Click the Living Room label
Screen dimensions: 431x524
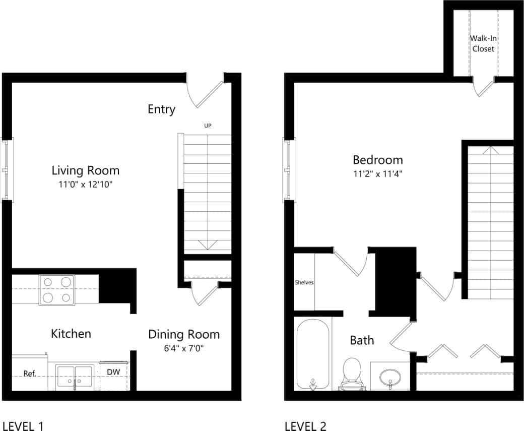click(86, 170)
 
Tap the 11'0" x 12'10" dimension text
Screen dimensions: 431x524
click(86, 184)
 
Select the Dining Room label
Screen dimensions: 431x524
click(184, 334)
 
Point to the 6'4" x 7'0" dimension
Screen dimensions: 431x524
click(183, 348)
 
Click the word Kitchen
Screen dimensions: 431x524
click(71, 334)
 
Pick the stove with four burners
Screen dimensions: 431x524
click(56, 290)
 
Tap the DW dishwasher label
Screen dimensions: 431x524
click(113, 372)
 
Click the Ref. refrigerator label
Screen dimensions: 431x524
click(30, 374)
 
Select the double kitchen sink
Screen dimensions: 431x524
click(75, 377)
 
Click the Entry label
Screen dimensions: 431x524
click(161, 109)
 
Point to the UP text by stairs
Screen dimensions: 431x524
click(208, 126)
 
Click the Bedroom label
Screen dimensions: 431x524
click(377, 160)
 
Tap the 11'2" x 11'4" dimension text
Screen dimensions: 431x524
click(377, 174)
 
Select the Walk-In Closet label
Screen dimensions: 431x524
click(483, 43)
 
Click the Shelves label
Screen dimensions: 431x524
click(304, 282)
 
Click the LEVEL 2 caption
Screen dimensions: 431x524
click(305, 426)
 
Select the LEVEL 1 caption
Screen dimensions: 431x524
click(23, 426)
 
